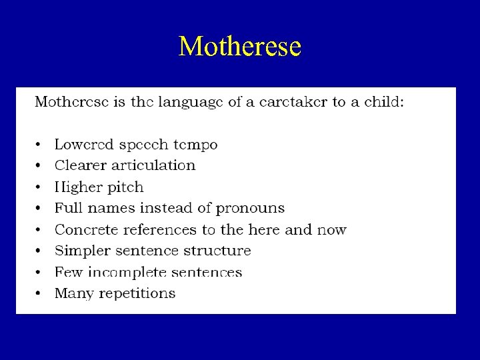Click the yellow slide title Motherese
pyautogui.click(x=240, y=47)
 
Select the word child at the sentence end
pyautogui.click(x=383, y=103)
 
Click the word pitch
pyautogui.click(x=124, y=187)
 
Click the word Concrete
pyautogui.click(x=83, y=230)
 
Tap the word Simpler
pyautogui.click(x=79, y=251)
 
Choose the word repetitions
pyautogui.click(x=137, y=294)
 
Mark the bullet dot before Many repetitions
pyautogui.click(x=39, y=294)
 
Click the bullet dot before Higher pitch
pyautogui.click(x=39, y=187)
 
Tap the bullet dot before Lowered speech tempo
pyautogui.click(x=39, y=145)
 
